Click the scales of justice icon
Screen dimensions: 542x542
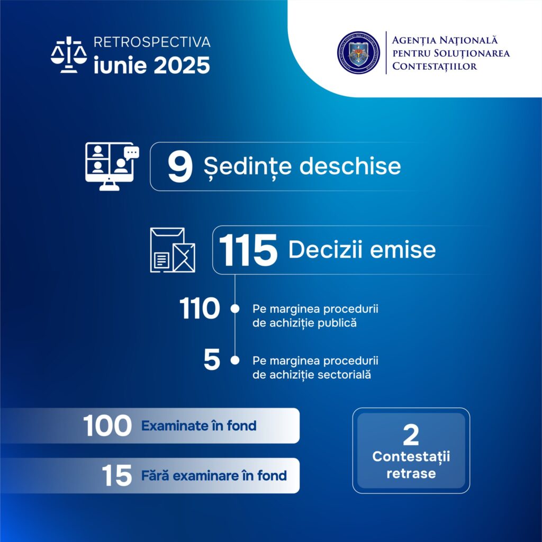pyautogui.click(x=69, y=55)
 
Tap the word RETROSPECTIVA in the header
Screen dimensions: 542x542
pyautogui.click(x=151, y=42)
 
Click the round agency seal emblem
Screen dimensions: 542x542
pyautogui.click(x=358, y=51)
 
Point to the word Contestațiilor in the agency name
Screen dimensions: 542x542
pyautogui.click(x=435, y=66)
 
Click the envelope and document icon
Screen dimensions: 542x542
pyautogui.click(x=173, y=250)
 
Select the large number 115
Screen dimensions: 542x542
pyautogui.click(x=248, y=250)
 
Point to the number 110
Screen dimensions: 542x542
pyautogui.click(x=199, y=309)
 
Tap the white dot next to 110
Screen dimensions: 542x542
pyautogui.click(x=234, y=309)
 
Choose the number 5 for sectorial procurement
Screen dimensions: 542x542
pyautogui.click(x=212, y=361)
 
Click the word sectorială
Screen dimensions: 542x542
pyautogui.click(x=346, y=375)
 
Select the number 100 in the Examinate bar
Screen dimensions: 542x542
pyautogui.click(x=107, y=426)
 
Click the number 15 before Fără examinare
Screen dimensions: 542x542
pyautogui.click(x=117, y=476)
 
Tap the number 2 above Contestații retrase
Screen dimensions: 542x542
pyautogui.click(x=411, y=435)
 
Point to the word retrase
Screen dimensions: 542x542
pyautogui.click(x=411, y=473)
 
